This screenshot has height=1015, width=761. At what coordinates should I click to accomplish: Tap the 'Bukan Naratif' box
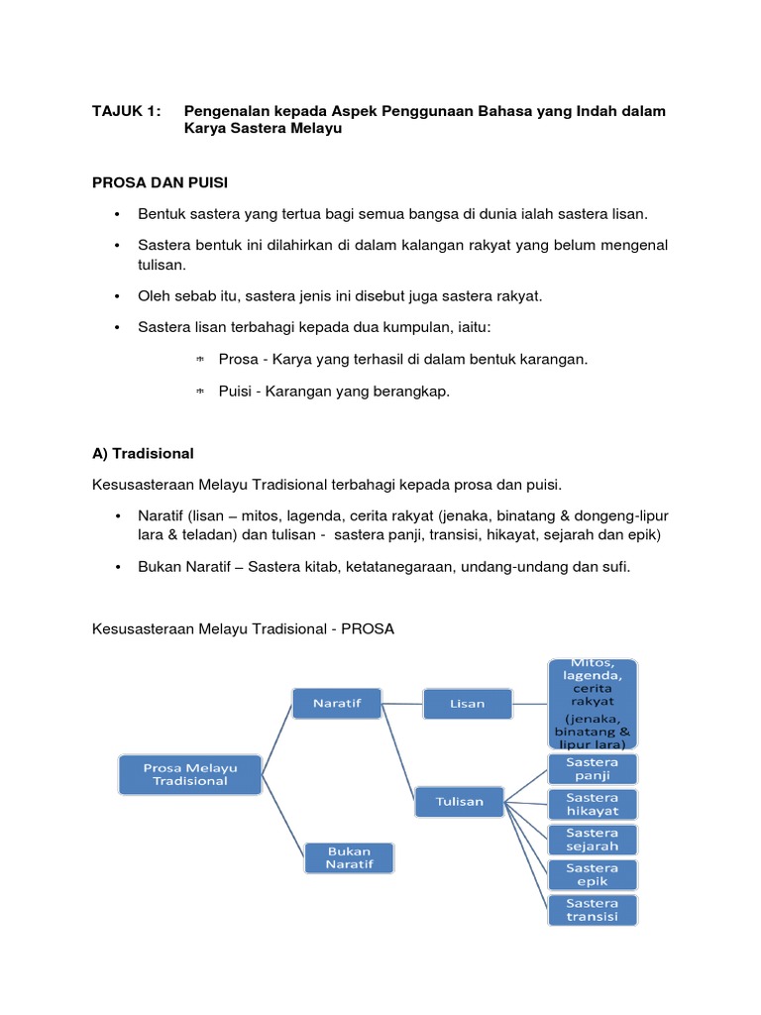pos(348,857)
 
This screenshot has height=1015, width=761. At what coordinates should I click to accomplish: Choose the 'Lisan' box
pos(467,704)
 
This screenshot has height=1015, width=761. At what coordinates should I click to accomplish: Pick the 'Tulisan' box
pos(459,802)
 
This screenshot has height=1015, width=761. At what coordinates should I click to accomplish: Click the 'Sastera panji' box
pos(593,769)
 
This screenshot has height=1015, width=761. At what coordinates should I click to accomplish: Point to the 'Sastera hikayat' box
pos(593,805)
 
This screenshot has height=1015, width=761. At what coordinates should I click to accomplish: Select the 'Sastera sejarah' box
pos(593,840)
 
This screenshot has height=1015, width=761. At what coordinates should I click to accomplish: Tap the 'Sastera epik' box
pos(593,874)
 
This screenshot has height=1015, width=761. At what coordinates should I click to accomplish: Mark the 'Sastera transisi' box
pos(593,910)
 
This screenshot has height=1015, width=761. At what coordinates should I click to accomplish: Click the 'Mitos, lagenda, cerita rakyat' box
pos(593,704)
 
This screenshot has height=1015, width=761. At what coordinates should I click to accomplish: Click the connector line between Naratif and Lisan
pos(402,704)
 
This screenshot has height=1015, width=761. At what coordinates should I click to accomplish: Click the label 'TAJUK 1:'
pos(125,111)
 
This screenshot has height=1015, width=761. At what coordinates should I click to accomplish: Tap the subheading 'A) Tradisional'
pos(143,453)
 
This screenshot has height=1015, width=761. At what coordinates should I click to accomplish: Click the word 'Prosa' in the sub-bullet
pos(238,359)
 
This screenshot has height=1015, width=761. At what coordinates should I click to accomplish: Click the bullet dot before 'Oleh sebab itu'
pos(117,296)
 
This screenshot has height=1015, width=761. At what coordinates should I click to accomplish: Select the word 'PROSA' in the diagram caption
pos(369,629)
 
